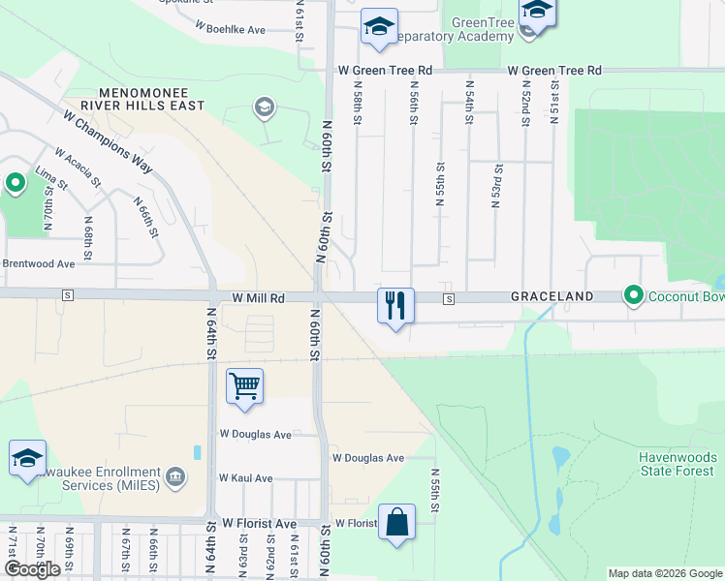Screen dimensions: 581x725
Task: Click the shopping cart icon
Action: click(x=244, y=385)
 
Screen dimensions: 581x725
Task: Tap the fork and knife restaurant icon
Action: click(x=395, y=306)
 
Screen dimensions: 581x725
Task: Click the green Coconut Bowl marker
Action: click(x=634, y=294)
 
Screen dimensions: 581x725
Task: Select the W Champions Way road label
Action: click(x=108, y=141)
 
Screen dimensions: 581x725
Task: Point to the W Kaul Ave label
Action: click(x=245, y=478)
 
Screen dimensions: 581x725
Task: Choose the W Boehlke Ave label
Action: click(x=230, y=30)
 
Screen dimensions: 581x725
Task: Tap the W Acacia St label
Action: click(x=78, y=167)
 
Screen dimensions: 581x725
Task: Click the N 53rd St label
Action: click(x=496, y=187)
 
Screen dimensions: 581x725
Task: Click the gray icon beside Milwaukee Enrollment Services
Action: click(x=175, y=475)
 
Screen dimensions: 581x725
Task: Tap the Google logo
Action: click(x=32, y=570)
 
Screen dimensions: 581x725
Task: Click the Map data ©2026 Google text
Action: click(x=665, y=573)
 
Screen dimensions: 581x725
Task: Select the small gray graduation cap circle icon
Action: click(x=264, y=107)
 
